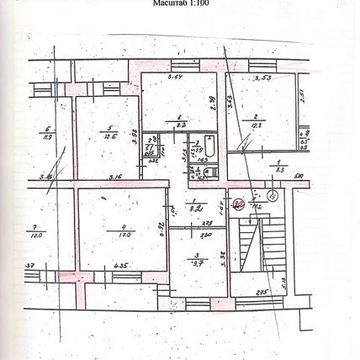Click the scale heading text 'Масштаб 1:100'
click(181, 5)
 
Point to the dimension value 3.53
click(263, 76)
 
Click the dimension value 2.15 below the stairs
click(261, 293)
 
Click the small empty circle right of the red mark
click(271, 196)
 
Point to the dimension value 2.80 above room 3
click(207, 236)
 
